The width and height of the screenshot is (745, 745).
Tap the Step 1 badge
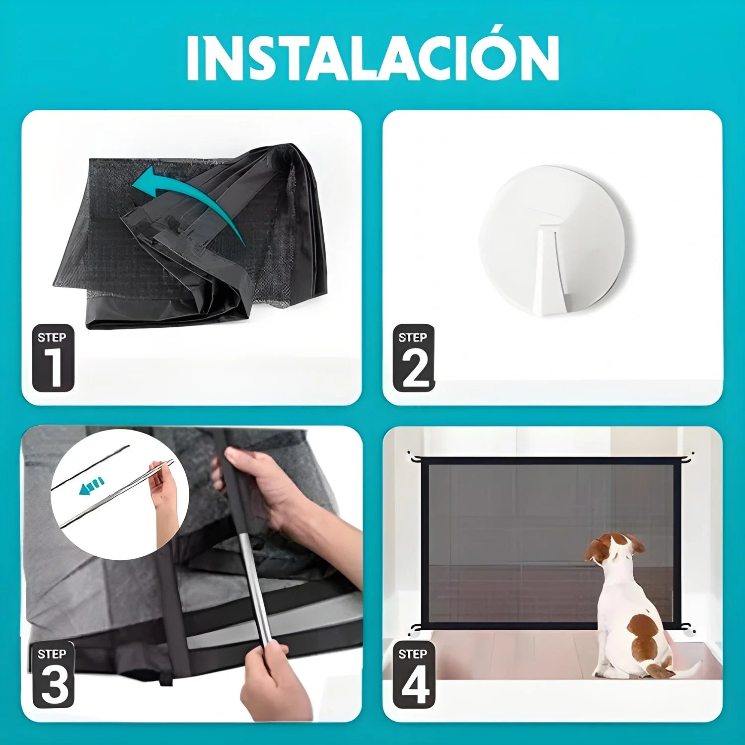point(53,358)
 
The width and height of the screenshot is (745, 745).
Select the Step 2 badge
point(414,358)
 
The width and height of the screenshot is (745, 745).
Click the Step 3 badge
point(53,675)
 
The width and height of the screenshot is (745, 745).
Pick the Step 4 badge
point(414,675)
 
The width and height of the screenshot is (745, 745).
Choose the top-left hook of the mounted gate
point(414,456)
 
